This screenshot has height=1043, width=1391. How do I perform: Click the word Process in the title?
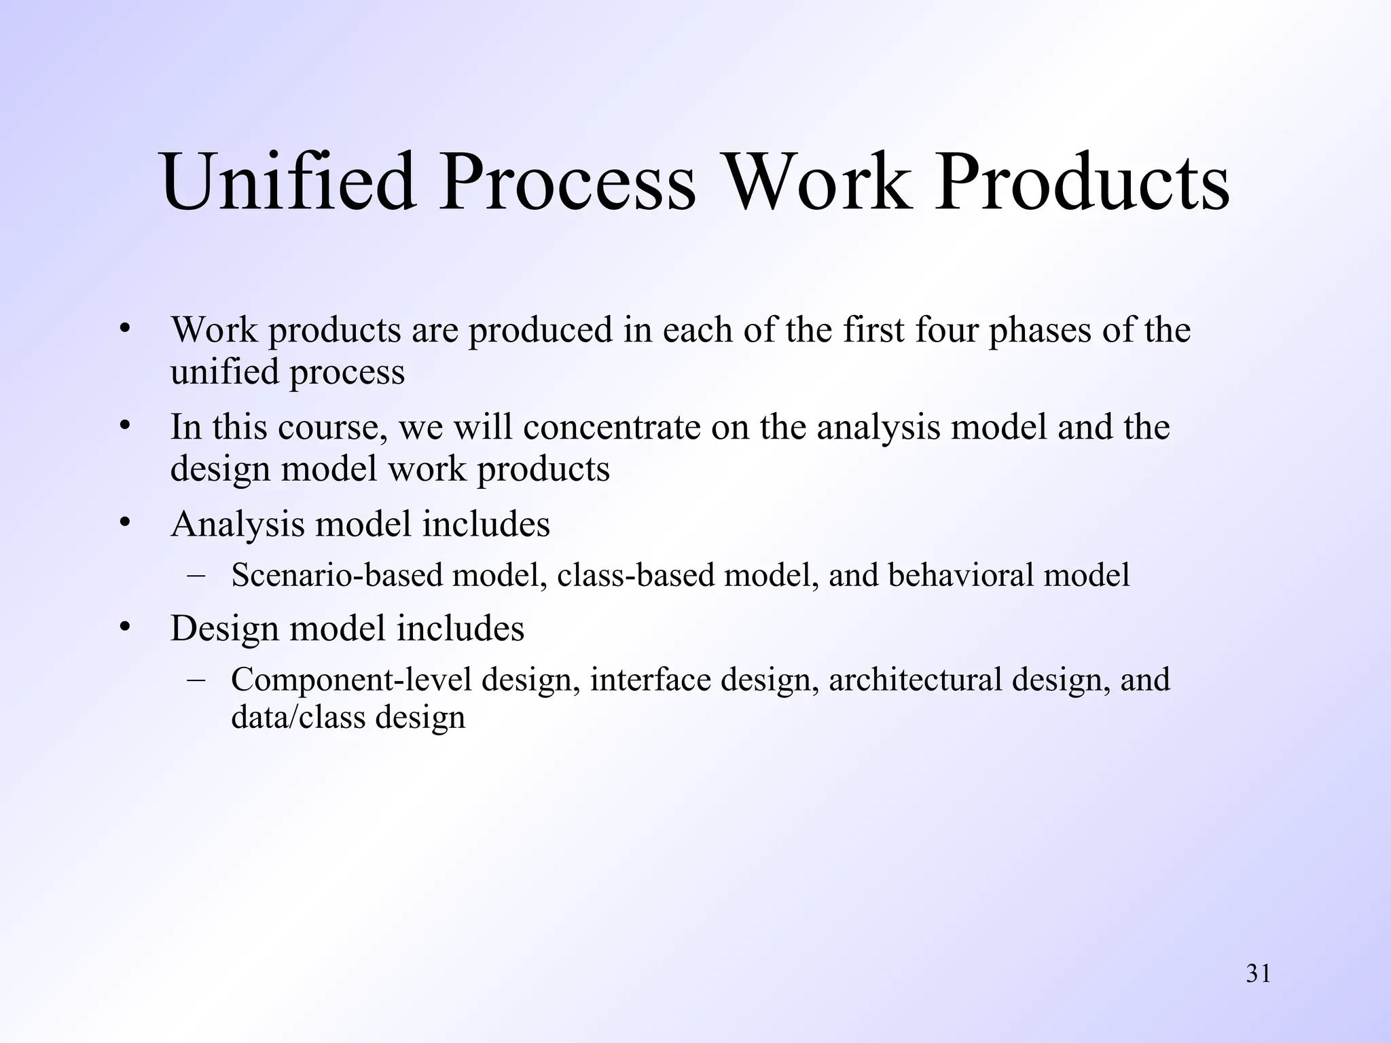tap(567, 182)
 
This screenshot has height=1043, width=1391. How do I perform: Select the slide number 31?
tap(1258, 974)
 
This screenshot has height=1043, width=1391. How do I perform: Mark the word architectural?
tap(914, 680)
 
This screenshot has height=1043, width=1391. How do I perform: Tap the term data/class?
tap(297, 717)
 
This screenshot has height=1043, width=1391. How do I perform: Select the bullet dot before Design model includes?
tap(124, 626)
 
